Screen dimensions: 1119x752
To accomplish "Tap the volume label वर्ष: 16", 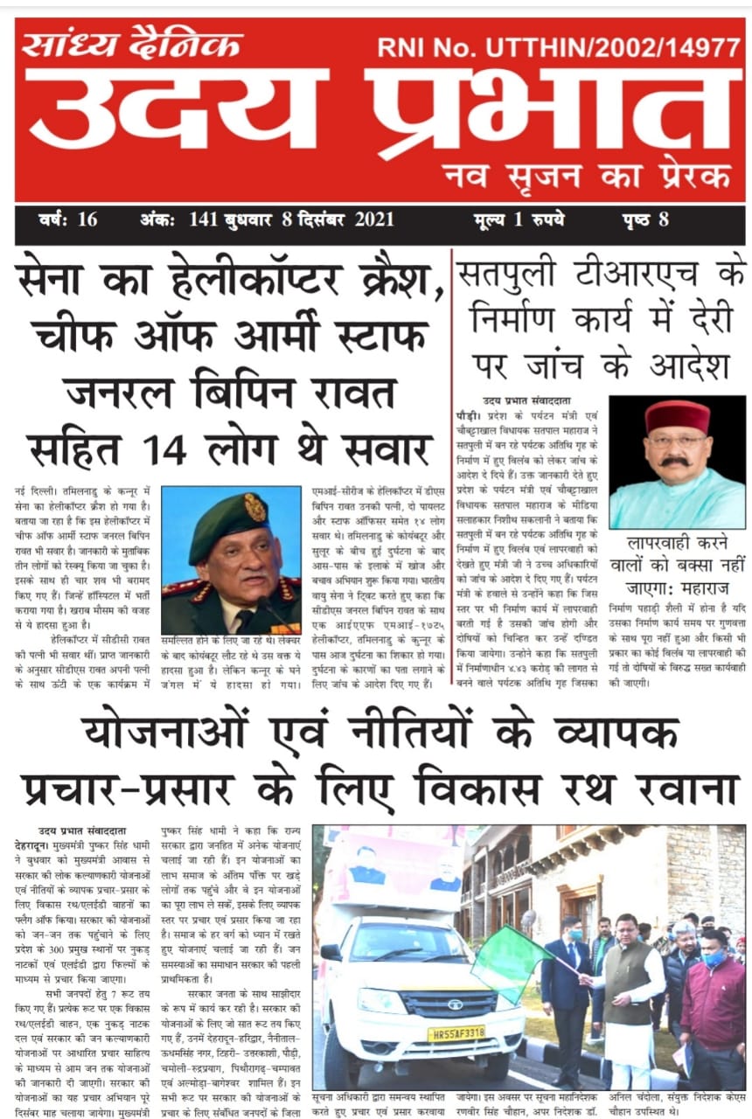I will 69,219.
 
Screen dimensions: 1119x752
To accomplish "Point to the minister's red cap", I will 677,416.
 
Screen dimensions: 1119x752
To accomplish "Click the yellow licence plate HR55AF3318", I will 456,1033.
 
